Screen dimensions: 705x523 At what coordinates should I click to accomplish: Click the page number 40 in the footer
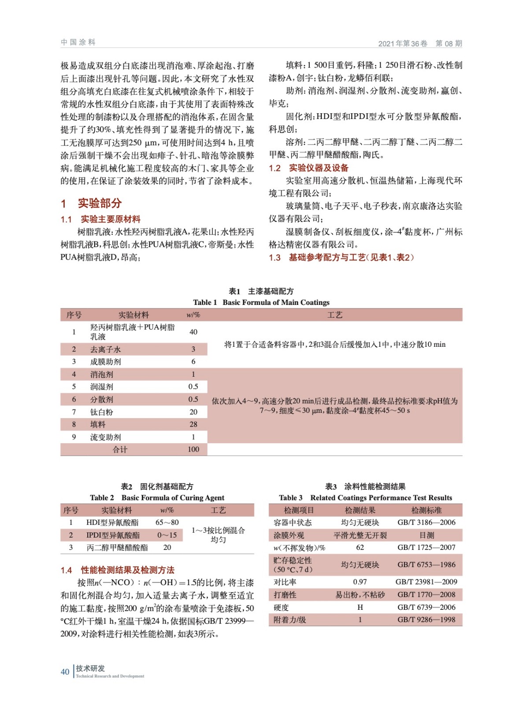65,672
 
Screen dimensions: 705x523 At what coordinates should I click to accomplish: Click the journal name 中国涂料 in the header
78,42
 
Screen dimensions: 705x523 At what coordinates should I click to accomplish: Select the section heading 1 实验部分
91,203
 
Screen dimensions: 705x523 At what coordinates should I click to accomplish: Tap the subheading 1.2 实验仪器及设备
308,168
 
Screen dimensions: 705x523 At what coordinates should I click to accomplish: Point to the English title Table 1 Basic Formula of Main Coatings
261,302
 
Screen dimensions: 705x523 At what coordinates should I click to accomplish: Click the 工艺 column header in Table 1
334,315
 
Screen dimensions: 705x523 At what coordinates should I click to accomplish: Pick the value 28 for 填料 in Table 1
193,424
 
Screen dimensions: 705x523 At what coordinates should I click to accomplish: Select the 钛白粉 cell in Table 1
102,412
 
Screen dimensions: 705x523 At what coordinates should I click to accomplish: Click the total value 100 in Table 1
193,449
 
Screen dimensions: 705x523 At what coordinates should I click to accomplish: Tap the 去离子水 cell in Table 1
105,349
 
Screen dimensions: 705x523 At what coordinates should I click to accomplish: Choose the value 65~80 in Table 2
167,523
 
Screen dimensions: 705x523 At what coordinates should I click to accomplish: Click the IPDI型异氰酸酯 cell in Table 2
113,535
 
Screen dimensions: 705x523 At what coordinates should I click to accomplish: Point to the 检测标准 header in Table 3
426,510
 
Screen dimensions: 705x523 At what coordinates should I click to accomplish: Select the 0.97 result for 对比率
360,582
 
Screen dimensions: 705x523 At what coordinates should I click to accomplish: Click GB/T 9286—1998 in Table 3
426,620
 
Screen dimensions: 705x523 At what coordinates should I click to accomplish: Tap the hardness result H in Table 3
360,608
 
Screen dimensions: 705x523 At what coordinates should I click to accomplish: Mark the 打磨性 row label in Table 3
285,595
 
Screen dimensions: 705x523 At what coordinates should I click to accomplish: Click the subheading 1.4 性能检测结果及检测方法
118,570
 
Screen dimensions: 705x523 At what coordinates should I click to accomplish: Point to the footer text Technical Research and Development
110,676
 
